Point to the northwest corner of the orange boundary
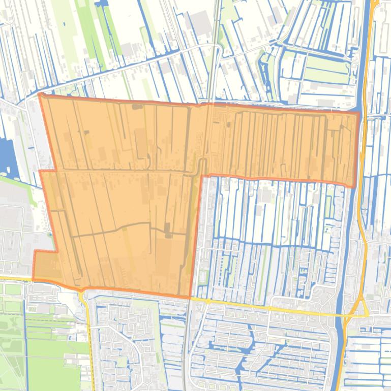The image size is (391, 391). pyautogui.click(x=40, y=94)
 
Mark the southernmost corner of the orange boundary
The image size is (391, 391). pyautogui.click(x=190, y=297)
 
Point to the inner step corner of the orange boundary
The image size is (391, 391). pyautogui.click(x=202, y=176)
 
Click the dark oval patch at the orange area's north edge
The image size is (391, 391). pyautogui.click(x=137, y=106)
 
